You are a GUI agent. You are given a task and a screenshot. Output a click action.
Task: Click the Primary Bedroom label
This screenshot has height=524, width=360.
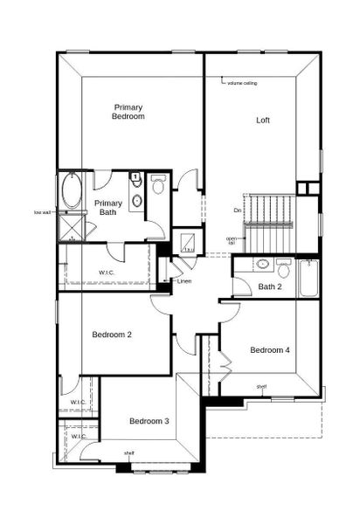pyautogui.click(x=128, y=111)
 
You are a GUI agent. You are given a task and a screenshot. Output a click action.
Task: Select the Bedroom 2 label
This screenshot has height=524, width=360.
pyautogui.click(x=112, y=334)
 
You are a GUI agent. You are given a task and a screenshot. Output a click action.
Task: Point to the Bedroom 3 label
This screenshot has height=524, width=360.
pyautogui.click(x=149, y=422)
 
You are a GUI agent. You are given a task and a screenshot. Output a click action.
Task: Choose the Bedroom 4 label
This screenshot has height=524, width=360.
pyautogui.click(x=269, y=350)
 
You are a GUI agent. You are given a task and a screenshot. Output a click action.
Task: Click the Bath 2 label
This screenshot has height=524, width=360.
pyautogui.click(x=270, y=286)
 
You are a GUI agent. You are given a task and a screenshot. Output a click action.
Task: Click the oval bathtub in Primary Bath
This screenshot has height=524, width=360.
pyautogui.click(x=69, y=190)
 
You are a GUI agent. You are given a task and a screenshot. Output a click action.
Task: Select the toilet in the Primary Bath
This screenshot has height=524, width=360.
pyautogui.click(x=158, y=185)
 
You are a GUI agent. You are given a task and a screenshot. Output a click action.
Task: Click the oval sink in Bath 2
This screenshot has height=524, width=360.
pyautogui.click(x=262, y=264)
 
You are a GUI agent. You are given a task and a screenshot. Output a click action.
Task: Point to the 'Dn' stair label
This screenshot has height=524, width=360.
pyautogui.click(x=238, y=210)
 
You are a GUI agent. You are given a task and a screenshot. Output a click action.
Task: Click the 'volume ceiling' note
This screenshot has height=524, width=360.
pyautogui.click(x=242, y=83)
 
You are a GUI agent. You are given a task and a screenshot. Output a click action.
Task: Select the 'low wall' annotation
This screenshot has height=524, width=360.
pyautogui.click(x=42, y=212)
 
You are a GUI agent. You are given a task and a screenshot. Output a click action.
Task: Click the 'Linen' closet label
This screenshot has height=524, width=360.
pyautogui.click(x=184, y=281)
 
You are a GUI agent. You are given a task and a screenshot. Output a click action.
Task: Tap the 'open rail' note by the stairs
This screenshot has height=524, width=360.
pyautogui.click(x=232, y=240)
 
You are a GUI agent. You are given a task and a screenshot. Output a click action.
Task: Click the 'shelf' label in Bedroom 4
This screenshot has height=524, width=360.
pyautogui.click(x=261, y=386)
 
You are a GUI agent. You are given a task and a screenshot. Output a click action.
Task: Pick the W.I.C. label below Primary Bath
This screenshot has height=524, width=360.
pyautogui.click(x=107, y=272)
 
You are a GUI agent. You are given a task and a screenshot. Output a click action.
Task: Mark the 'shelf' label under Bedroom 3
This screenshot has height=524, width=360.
pyautogui.click(x=128, y=453)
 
